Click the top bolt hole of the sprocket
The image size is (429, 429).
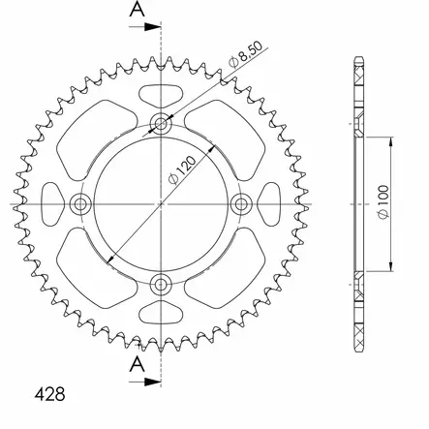click(161, 123)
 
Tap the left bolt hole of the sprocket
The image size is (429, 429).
click(80, 203)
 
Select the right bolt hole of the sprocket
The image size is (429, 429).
click(241, 203)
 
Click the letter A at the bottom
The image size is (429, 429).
click(138, 366)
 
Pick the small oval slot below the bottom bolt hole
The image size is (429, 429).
click(161, 312)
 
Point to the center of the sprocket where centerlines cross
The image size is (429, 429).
click(161, 203)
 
